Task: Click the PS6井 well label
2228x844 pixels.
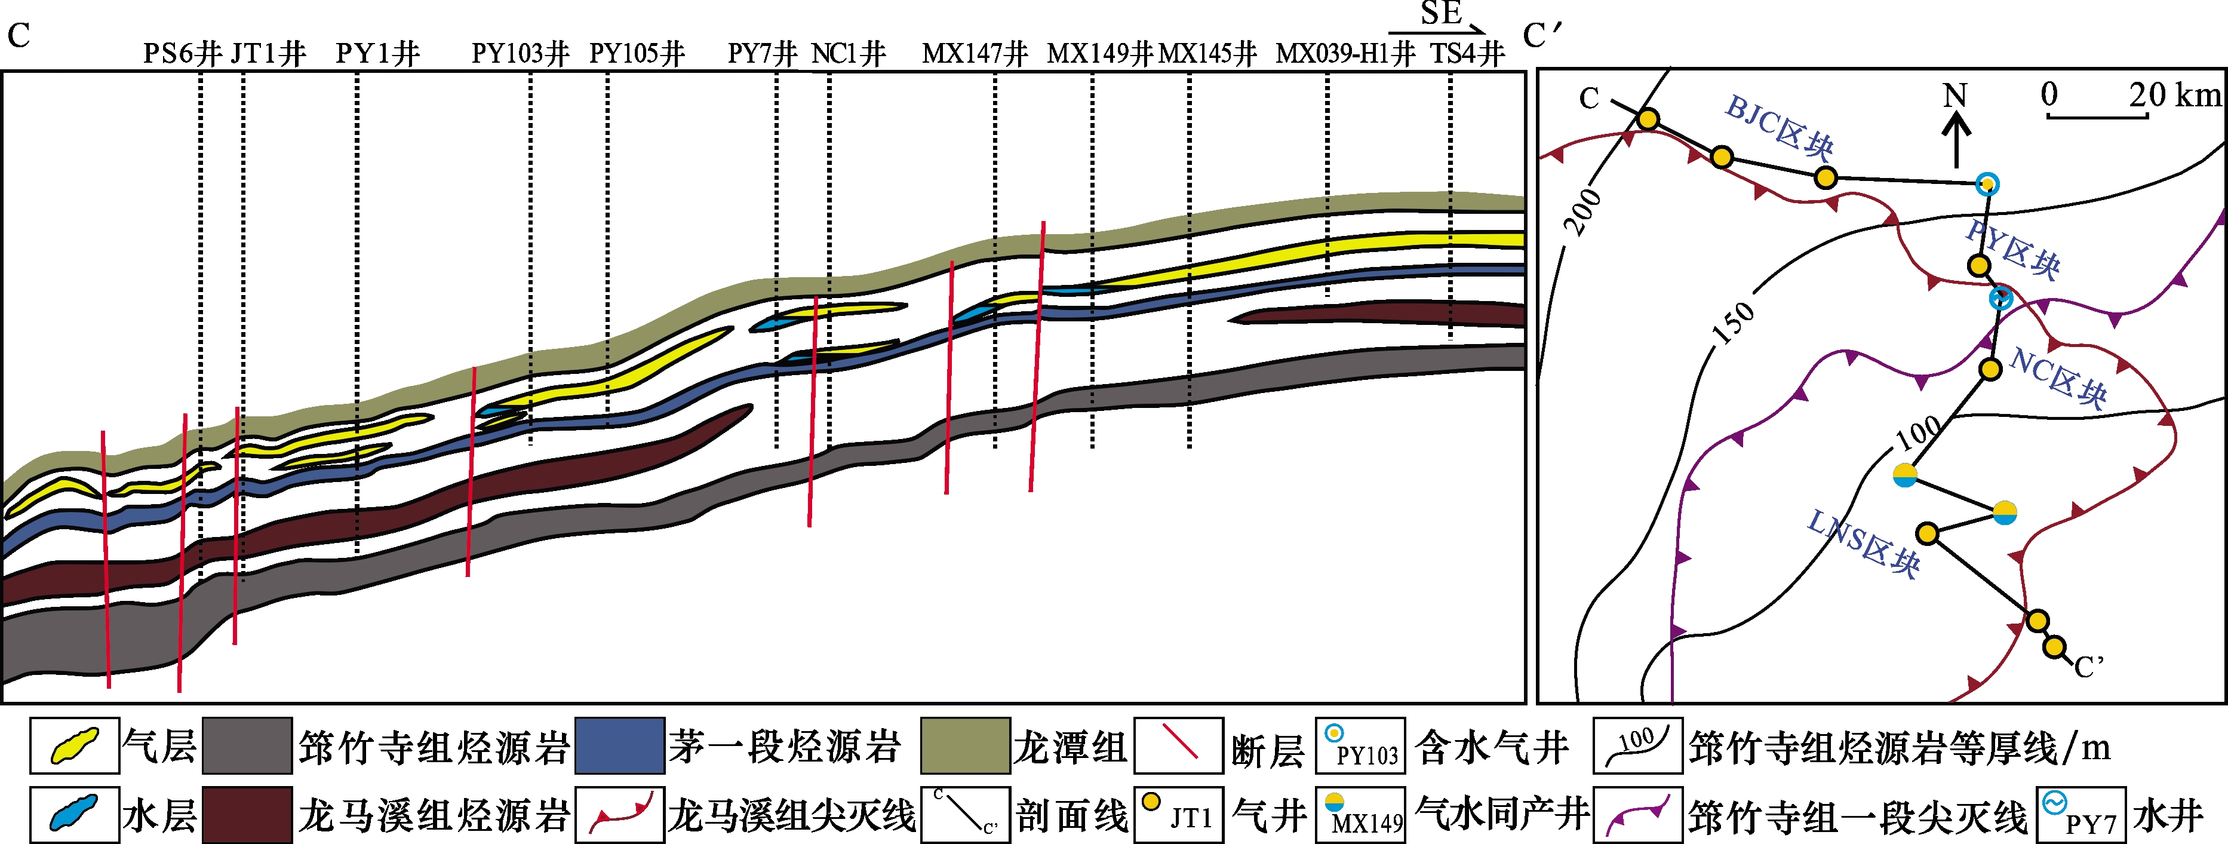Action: [x=182, y=54]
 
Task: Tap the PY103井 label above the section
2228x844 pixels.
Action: [x=520, y=54]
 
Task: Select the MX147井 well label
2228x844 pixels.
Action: [x=975, y=54]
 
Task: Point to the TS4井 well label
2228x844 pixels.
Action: [x=1467, y=54]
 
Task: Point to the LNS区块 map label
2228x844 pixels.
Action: [x=1863, y=542]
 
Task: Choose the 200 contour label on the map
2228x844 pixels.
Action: [x=1583, y=212]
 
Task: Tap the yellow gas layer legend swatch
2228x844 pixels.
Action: [x=75, y=745]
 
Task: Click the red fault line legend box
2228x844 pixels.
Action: [x=1178, y=745]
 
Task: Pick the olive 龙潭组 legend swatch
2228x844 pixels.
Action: [x=965, y=745]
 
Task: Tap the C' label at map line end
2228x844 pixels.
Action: [x=2089, y=667]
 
